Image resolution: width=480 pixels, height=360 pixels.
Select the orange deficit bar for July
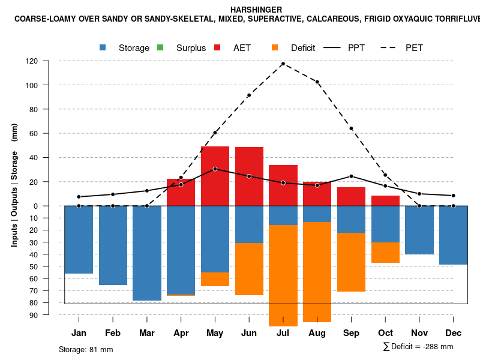(283, 275)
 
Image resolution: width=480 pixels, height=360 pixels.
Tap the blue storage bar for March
(147, 253)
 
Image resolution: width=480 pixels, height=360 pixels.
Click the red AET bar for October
(385, 200)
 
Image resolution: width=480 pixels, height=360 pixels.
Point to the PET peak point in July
(283, 64)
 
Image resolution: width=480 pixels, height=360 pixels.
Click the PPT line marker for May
(215, 169)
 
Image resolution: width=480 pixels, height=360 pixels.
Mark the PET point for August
(317, 82)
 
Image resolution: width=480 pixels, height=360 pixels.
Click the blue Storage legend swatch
(103, 48)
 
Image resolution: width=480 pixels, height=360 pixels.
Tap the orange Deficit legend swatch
(275, 48)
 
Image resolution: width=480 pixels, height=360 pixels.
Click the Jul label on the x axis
(283, 333)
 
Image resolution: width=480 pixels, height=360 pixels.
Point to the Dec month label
(454, 333)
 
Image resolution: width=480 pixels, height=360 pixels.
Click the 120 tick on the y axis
(49, 61)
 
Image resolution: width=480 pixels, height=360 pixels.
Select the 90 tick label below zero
(50, 315)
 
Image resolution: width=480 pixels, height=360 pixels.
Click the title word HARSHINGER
(256, 10)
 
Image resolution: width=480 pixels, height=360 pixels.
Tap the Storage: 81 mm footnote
(86, 349)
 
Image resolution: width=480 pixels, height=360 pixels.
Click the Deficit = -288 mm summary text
(418, 347)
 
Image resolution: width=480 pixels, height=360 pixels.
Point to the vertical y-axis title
(14, 184)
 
